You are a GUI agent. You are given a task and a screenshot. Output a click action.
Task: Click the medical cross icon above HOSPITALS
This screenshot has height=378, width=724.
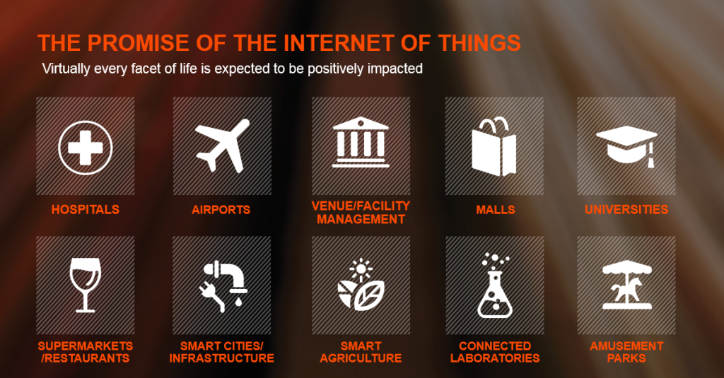[x=86, y=148]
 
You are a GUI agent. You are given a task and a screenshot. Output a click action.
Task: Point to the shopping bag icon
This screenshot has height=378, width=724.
[x=494, y=147]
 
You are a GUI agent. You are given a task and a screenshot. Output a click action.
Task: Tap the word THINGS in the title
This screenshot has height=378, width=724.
[x=479, y=43]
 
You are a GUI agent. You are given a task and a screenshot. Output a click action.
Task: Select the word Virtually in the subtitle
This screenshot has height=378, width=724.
[x=66, y=69]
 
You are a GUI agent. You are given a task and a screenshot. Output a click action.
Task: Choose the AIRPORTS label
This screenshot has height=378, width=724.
[x=221, y=210]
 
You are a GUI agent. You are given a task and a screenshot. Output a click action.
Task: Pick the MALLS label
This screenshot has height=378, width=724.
[x=496, y=210]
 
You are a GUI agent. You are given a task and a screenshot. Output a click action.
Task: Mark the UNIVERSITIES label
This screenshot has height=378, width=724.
[x=626, y=210]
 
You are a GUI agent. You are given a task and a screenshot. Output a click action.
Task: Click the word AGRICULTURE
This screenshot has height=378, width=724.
[x=361, y=358]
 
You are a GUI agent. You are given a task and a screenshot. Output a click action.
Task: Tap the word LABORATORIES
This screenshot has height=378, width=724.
[x=495, y=358]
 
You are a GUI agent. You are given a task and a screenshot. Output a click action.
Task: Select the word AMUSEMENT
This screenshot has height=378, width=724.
[x=626, y=345]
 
